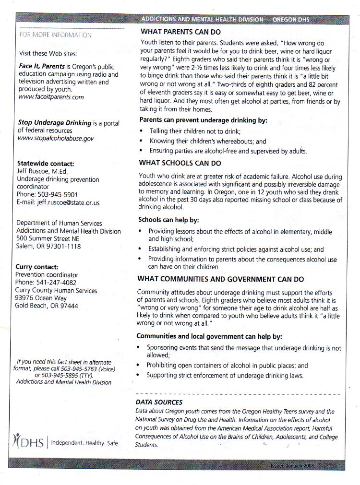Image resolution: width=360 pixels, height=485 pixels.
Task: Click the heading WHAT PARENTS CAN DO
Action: click(180, 32)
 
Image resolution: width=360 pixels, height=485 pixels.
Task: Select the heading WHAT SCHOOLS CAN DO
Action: click(180, 163)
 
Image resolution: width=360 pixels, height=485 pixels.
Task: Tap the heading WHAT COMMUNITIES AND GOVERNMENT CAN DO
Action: click(220, 279)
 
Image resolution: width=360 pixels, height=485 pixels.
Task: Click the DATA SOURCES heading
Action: click(159, 402)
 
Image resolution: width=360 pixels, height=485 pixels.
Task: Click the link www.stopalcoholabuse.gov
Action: click(56, 138)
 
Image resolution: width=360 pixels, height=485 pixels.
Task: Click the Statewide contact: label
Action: click(46, 164)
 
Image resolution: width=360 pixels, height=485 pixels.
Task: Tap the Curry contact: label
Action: click(37, 267)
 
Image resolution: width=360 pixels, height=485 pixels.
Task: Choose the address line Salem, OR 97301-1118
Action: click(48, 247)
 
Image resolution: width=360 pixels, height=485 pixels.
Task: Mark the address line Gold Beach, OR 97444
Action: click(47, 306)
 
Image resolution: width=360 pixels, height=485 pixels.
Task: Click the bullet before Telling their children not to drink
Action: click(141, 131)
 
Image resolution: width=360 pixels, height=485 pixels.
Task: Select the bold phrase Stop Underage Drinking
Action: click(54, 123)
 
